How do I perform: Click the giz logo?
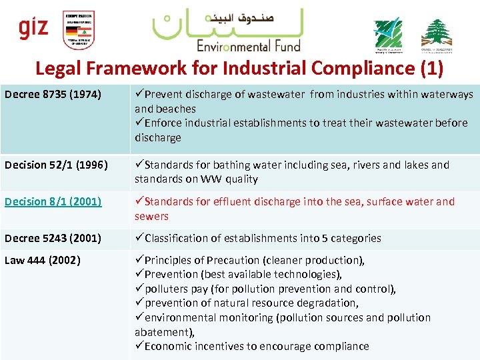33,28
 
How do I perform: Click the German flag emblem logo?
79,30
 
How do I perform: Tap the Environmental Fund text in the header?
248,45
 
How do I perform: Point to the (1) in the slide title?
429,68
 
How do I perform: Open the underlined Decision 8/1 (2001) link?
53,201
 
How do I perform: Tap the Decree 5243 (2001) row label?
53,238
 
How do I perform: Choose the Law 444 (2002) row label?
43,260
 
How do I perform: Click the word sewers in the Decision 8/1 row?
151,216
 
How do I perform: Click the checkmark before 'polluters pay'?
139,289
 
